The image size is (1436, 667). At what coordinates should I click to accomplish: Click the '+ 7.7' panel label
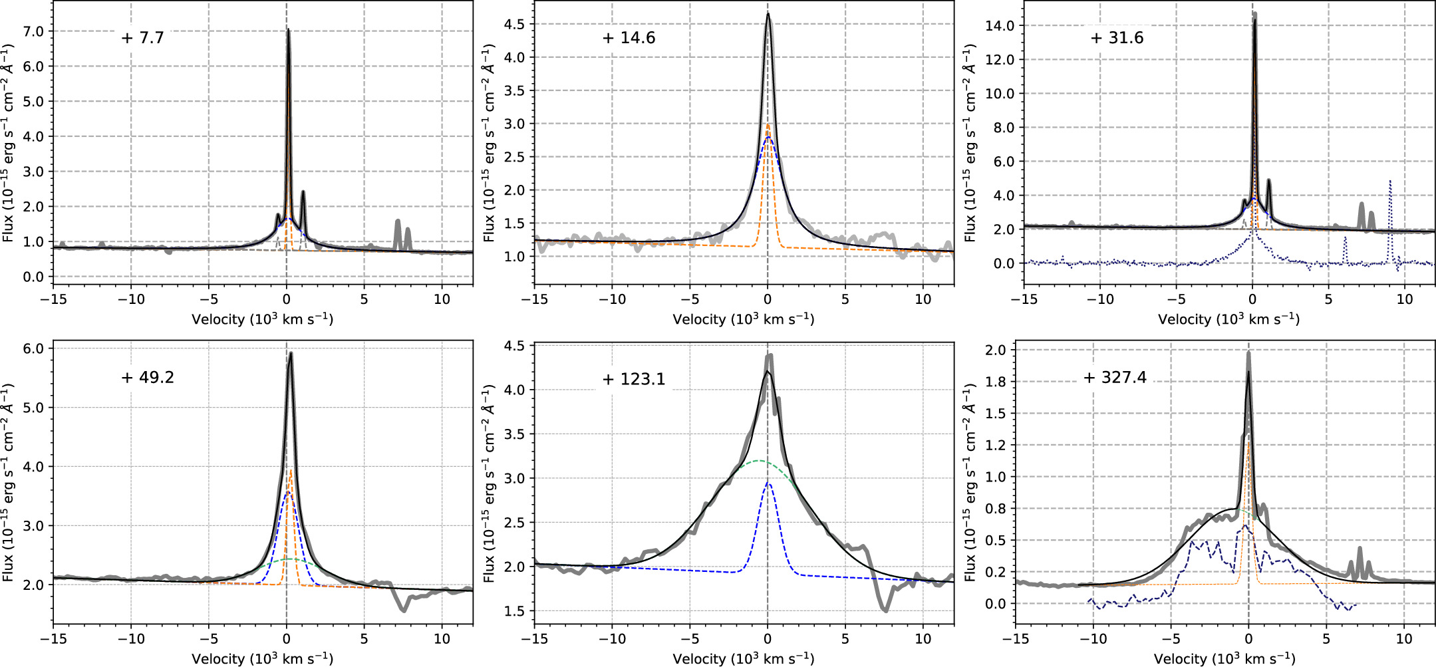pos(142,38)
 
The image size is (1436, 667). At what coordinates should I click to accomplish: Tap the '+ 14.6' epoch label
pos(629,38)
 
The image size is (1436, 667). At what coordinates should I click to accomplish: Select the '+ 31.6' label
pos(1117,38)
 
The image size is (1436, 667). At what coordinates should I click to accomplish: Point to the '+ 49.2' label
pos(147,378)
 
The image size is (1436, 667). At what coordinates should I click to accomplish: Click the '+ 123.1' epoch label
pos(633,379)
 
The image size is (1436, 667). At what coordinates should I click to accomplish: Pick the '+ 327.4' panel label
pos(1115,378)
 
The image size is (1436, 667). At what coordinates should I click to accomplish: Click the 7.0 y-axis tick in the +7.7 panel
pos(33,32)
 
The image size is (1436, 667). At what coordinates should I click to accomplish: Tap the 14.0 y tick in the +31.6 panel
pos(1000,26)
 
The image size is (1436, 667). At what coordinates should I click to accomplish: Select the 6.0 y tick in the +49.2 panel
pos(33,348)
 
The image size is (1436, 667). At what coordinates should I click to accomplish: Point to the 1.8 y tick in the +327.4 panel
pos(996,382)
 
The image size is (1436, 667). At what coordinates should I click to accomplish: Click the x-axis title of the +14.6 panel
pos(743,319)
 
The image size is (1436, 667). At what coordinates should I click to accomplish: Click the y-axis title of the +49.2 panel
pos(8,482)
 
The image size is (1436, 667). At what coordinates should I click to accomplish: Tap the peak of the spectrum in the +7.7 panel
pos(288,30)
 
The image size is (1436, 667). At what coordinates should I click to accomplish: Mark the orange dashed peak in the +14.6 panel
pos(768,124)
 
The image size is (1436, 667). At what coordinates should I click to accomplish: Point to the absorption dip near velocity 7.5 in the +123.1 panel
pos(886,609)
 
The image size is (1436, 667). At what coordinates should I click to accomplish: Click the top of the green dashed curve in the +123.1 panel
pos(758,461)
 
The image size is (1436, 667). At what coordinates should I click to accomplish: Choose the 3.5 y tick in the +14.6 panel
pos(514,90)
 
